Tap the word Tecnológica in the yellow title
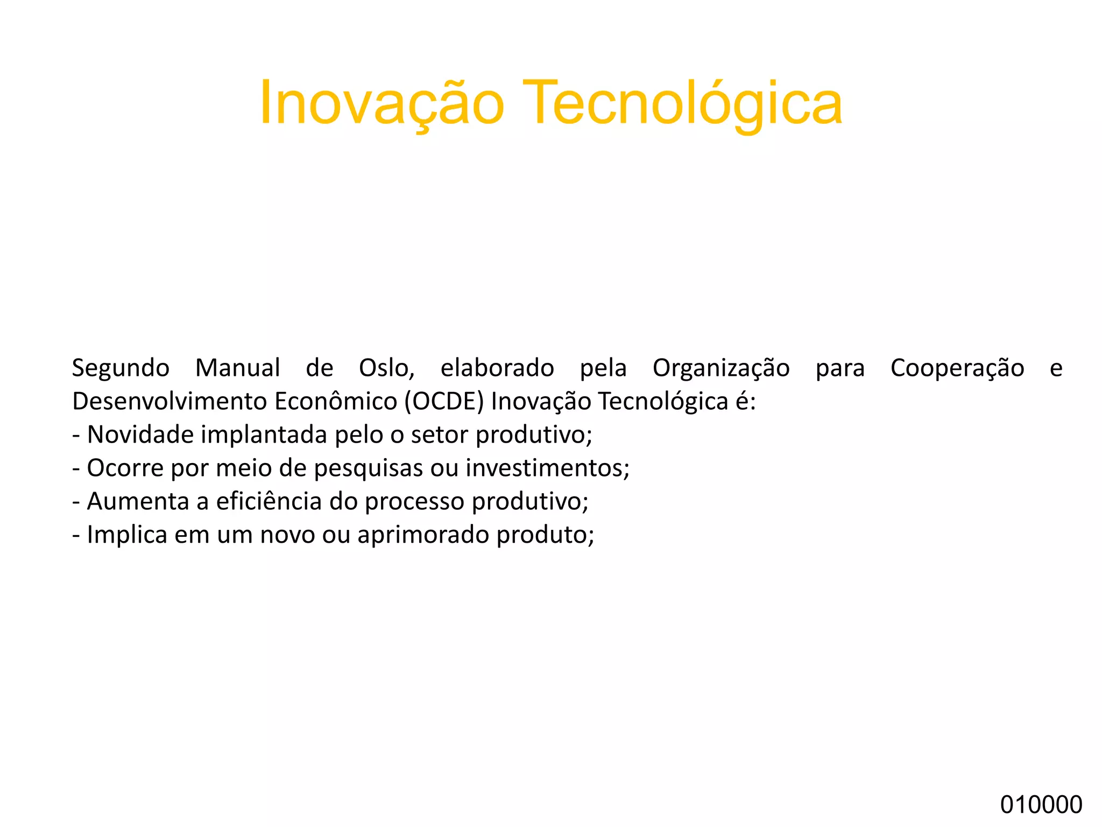coord(682,103)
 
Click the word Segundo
coord(121,369)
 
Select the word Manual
coord(237,368)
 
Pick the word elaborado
coord(497,368)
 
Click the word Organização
coord(721,369)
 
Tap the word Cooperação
coord(957,369)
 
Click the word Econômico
coord(336,402)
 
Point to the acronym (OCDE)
coord(444,402)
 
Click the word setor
coord(440,434)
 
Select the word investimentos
coord(547,468)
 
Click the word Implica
coord(127,535)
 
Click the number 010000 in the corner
coord(1041,804)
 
